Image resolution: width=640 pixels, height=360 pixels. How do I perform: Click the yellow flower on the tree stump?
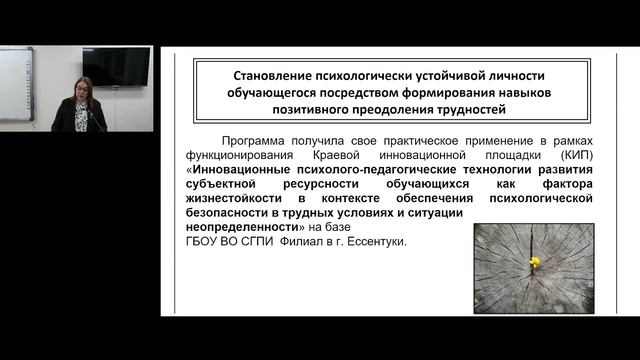(534, 262)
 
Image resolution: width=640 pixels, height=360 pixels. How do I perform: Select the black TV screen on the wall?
(116, 67)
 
